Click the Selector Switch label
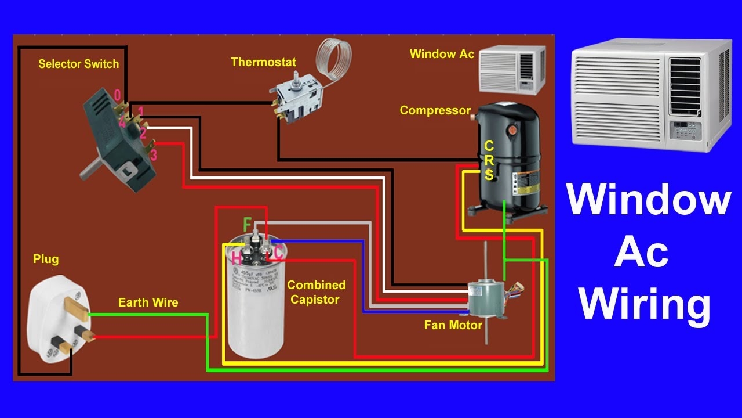(x=78, y=64)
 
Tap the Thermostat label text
(x=263, y=62)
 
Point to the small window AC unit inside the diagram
(x=512, y=69)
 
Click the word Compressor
(x=435, y=110)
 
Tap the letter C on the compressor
(x=489, y=146)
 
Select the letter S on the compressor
(x=489, y=174)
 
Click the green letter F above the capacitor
(x=248, y=224)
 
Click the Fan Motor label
(x=453, y=325)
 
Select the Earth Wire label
(x=148, y=302)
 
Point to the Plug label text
(x=46, y=259)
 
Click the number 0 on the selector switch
(x=117, y=95)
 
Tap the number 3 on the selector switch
(x=153, y=155)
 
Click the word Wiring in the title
(x=645, y=304)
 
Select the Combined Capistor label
(x=316, y=292)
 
